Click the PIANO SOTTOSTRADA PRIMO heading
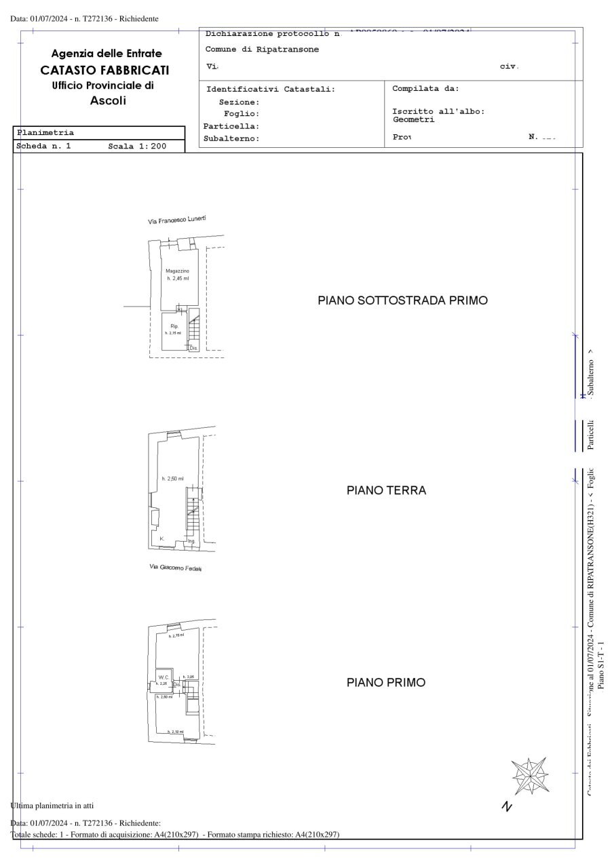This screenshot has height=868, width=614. (x=402, y=300)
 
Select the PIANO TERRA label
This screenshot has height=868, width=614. (x=386, y=490)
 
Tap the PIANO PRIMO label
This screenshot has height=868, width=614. (x=386, y=682)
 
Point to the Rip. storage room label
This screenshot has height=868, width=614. (x=174, y=327)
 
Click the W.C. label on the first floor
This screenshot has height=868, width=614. (x=163, y=677)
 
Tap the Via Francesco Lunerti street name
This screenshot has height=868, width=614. (x=176, y=220)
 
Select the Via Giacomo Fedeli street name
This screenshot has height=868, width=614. (x=176, y=567)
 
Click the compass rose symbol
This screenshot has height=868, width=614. (x=529, y=776)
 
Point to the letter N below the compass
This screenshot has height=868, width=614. (x=506, y=806)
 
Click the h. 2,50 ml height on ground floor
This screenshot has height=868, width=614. (x=172, y=479)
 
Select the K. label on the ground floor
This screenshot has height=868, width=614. (x=162, y=538)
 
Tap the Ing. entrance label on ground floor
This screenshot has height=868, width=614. (x=191, y=541)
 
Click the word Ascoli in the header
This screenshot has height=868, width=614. (x=108, y=100)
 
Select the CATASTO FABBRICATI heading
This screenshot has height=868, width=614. (x=104, y=70)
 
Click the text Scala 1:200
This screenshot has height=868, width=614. (x=137, y=146)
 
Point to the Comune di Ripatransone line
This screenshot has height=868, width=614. (x=262, y=50)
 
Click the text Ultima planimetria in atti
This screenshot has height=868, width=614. (x=52, y=806)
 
